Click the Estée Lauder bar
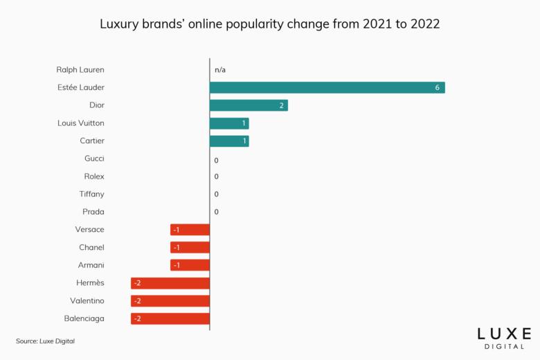(x=327, y=88)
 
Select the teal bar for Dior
(x=249, y=105)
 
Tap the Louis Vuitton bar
(x=229, y=123)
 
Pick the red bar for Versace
(x=190, y=230)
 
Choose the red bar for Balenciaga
(x=170, y=318)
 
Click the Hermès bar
(x=170, y=283)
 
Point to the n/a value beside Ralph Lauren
(x=220, y=70)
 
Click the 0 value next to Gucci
(x=217, y=159)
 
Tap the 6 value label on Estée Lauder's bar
(x=438, y=88)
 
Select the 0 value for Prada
(x=217, y=212)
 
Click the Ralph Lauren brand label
(x=80, y=70)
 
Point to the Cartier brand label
(x=91, y=141)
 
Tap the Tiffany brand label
(x=91, y=195)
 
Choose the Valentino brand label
(x=87, y=301)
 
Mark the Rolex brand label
(x=93, y=177)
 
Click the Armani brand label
(x=91, y=265)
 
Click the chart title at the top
(x=270, y=24)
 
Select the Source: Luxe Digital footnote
(x=45, y=341)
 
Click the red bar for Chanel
(x=190, y=248)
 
